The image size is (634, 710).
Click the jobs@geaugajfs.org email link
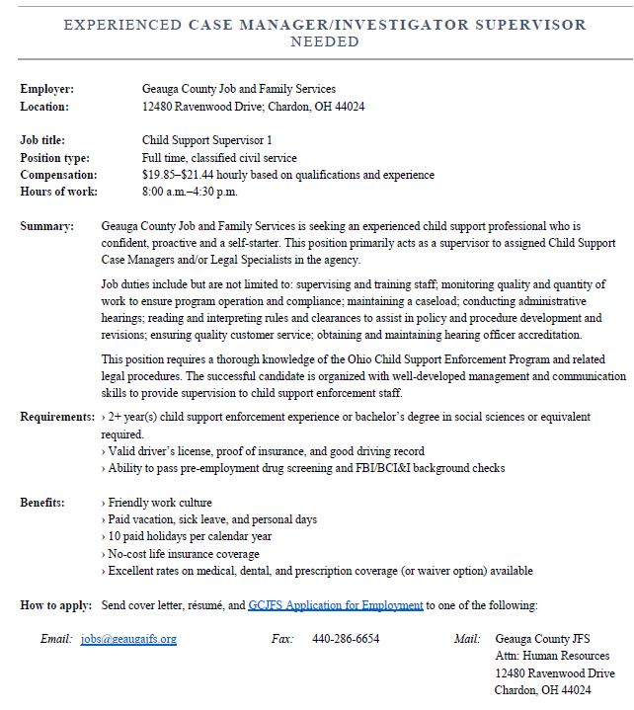coord(128,639)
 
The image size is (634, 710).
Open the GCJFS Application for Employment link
coord(336,604)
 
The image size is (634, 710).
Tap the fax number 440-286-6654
coord(346,639)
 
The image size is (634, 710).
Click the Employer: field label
coord(47,89)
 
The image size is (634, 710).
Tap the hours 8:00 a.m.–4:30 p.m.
coord(190,192)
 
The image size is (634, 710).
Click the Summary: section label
coord(47,226)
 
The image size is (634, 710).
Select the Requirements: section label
coord(58,417)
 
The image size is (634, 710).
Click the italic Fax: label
coord(282,639)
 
